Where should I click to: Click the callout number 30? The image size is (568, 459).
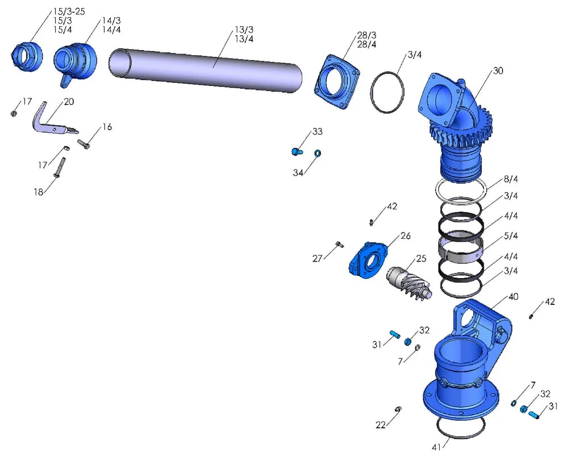[x=498, y=71]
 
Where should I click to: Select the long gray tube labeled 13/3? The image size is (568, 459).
[x=204, y=69]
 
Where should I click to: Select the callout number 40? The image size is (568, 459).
[x=513, y=297]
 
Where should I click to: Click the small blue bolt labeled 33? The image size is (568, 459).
[x=296, y=151]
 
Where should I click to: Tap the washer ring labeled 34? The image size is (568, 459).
[x=318, y=153]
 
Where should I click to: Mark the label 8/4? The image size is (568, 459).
[x=511, y=179]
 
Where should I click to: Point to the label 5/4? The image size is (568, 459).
[x=511, y=235]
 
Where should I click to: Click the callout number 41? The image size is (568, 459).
[x=436, y=446]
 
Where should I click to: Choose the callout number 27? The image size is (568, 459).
[x=317, y=258]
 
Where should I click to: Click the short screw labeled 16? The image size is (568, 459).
[x=85, y=145]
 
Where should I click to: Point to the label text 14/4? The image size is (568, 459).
[x=111, y=30]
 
